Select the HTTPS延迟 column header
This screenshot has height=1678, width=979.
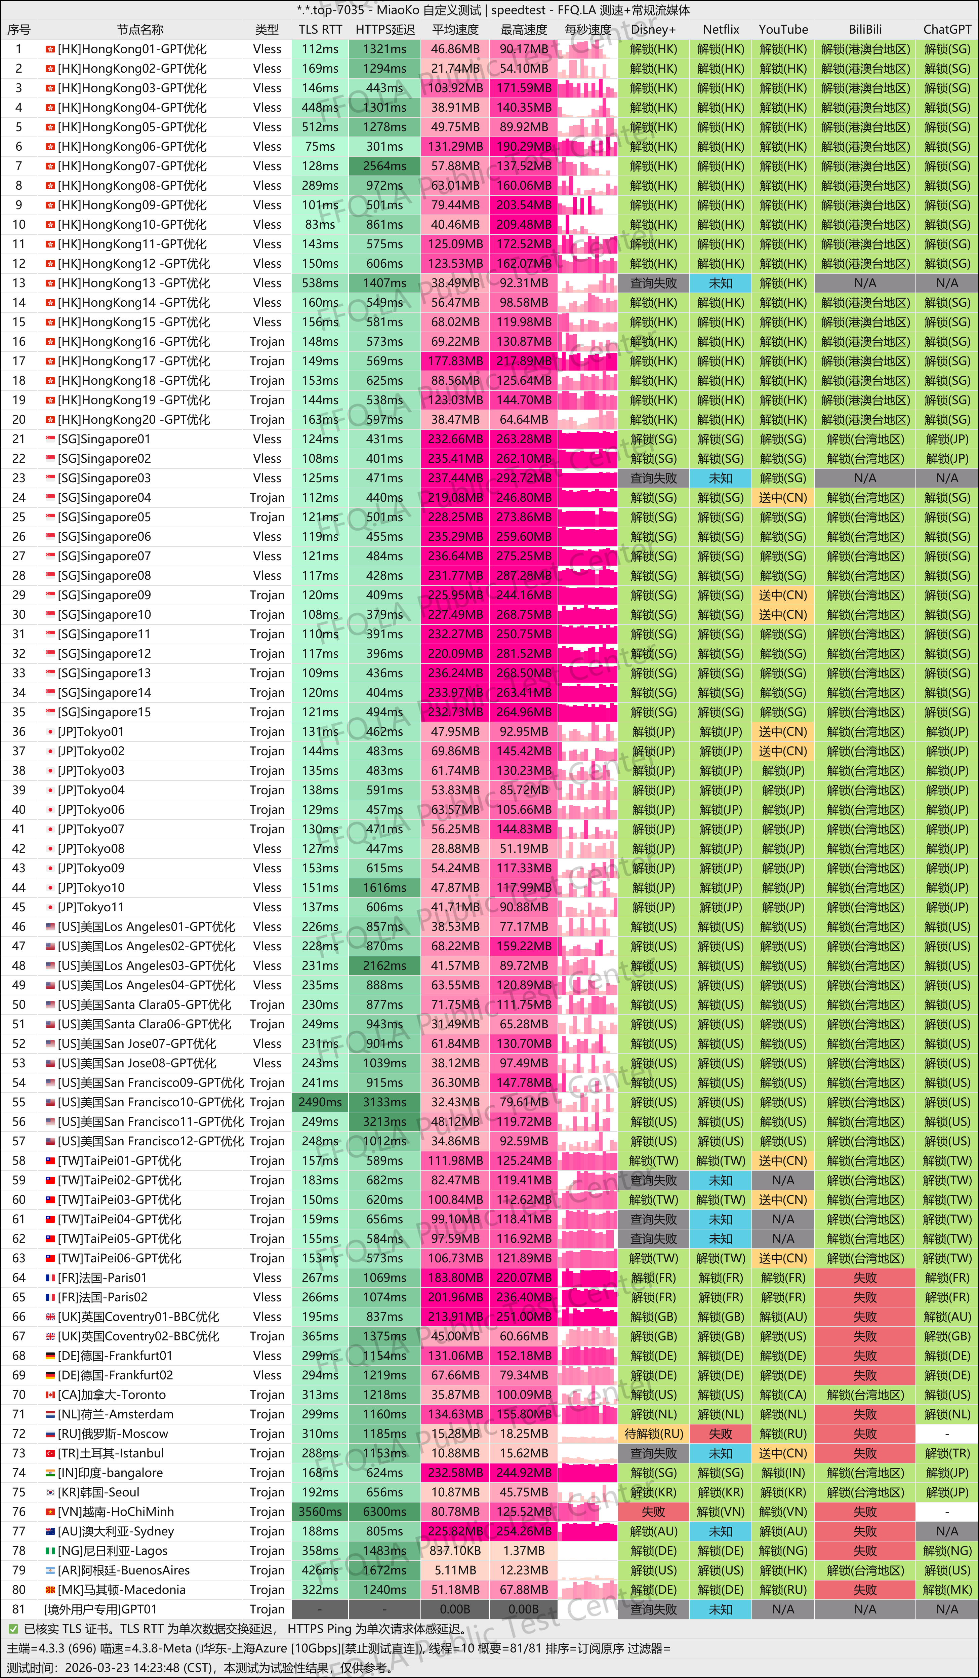tap(385, 29)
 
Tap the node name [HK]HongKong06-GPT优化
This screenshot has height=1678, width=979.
tap(132, 147)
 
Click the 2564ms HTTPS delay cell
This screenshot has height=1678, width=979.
tap(385, 166)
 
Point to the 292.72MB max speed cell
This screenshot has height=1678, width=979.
tap(524, 478)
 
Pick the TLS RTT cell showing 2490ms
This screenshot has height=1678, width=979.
tap(320, 1102)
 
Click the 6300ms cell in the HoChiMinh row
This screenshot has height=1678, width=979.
tap(385, 1512)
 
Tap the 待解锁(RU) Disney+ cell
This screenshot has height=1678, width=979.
tap(654, 1434)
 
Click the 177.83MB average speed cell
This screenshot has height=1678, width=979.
tap(455, 361)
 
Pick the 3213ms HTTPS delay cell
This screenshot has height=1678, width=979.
tap(385, 1121)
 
